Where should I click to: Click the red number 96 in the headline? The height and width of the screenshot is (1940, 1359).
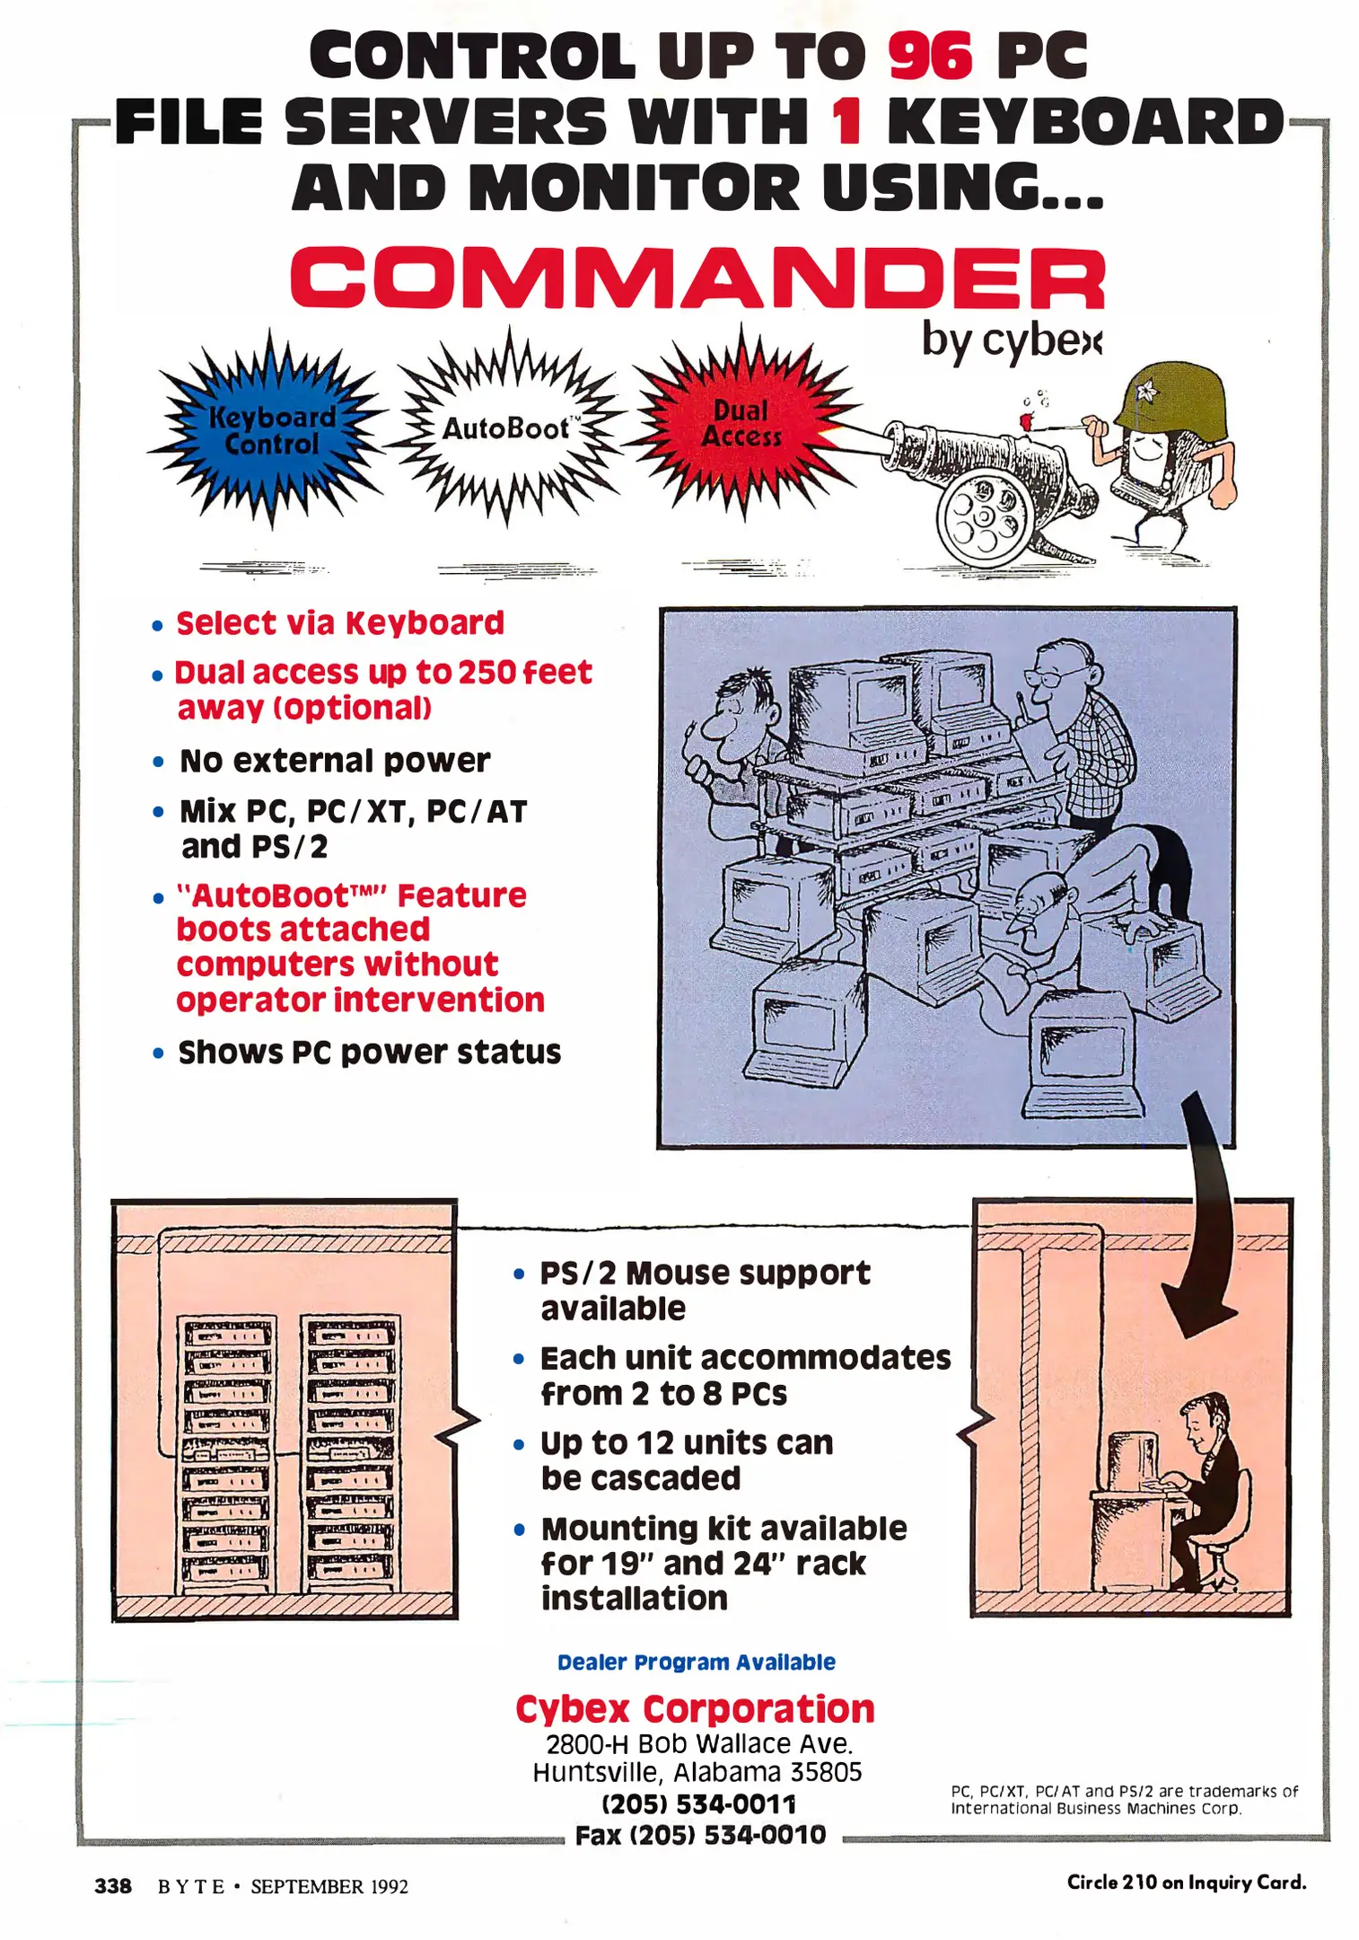coord(930,56)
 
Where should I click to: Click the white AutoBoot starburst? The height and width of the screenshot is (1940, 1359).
coord(506,428)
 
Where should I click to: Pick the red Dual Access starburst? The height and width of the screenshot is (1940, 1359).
coord(741,423)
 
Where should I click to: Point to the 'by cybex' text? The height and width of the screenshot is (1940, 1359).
coord(1011,341)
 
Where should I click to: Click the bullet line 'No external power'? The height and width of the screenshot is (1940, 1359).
coord(334,761)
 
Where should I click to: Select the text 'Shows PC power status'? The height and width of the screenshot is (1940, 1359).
coord(369,1052)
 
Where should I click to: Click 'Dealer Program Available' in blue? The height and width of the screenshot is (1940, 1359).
coord(696,1662)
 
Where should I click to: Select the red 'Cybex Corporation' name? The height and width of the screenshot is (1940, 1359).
coord(695,1708)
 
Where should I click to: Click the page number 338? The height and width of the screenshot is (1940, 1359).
coord(113,1885)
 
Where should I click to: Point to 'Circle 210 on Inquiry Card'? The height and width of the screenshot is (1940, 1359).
coord(1186,1882)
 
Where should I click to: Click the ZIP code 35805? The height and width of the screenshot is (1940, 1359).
coord(826,1772)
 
